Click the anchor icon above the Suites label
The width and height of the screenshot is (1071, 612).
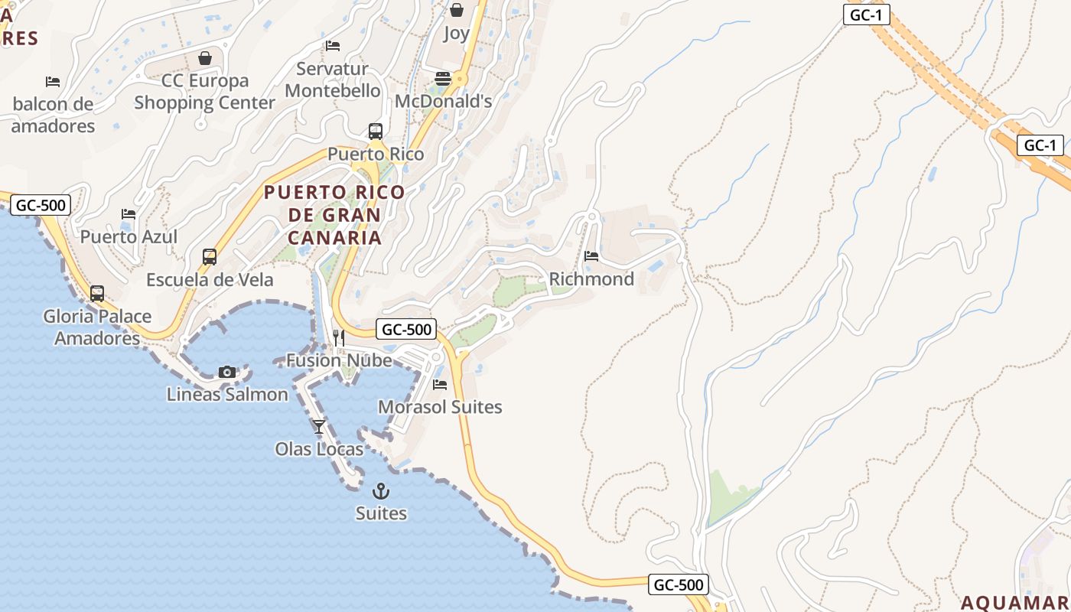click(x=380, y=491)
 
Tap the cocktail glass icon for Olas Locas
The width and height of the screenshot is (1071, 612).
click(x=319, y=427)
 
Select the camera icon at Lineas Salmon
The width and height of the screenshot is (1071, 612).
click(x=227, y=372)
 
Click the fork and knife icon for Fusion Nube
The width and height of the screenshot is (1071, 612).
click(x=339, y=338)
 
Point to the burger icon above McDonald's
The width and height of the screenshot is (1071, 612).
click(x=443, y=79)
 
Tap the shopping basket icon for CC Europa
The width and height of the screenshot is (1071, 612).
click(x=205, y=58)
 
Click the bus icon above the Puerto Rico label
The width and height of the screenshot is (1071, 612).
click(x=375, y=132)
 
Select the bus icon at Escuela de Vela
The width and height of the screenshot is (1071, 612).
click(x=210, y=257)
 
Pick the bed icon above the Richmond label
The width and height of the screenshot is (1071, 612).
click(x=591, y=256)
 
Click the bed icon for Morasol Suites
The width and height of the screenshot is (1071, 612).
click(x=440, y=384)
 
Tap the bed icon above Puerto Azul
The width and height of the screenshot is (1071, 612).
click(x=129, y=214)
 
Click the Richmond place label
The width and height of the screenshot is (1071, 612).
click(x=591, y=279)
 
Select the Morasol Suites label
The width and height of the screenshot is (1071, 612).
click(x=440, y=407)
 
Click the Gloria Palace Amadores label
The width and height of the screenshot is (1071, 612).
click(x=97, y=327)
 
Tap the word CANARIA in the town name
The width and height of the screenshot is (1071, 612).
click(x=334, y=238)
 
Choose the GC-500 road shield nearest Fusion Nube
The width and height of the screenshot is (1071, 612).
click(x=407, y=330)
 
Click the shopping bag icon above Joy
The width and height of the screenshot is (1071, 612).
click(x=457, y=10)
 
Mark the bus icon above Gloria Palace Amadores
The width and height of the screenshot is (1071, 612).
click(x=97, y=294)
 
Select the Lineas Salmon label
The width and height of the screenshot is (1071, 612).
click(x=227, y=395)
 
